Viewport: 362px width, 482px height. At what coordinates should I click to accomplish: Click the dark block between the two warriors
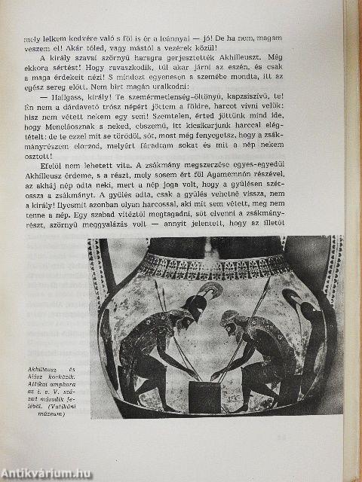[x=204, y=395]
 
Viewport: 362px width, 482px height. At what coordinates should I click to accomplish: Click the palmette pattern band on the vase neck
[x=219, y=266]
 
